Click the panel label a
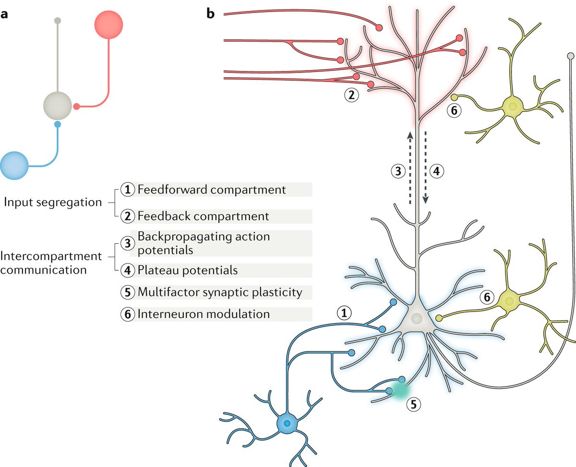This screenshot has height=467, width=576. (4, 14)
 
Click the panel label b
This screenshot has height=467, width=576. (211, 14)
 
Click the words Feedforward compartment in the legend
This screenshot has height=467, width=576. (211, 189)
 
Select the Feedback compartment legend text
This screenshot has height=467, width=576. (203, 216)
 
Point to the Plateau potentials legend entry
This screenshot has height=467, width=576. (187, 270)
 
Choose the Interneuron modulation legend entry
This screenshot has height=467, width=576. (203, 314)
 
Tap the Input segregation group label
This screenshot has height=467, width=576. (53, 202)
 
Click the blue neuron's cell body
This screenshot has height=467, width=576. (287, 424)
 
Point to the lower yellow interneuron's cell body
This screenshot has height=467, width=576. (509, 301)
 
